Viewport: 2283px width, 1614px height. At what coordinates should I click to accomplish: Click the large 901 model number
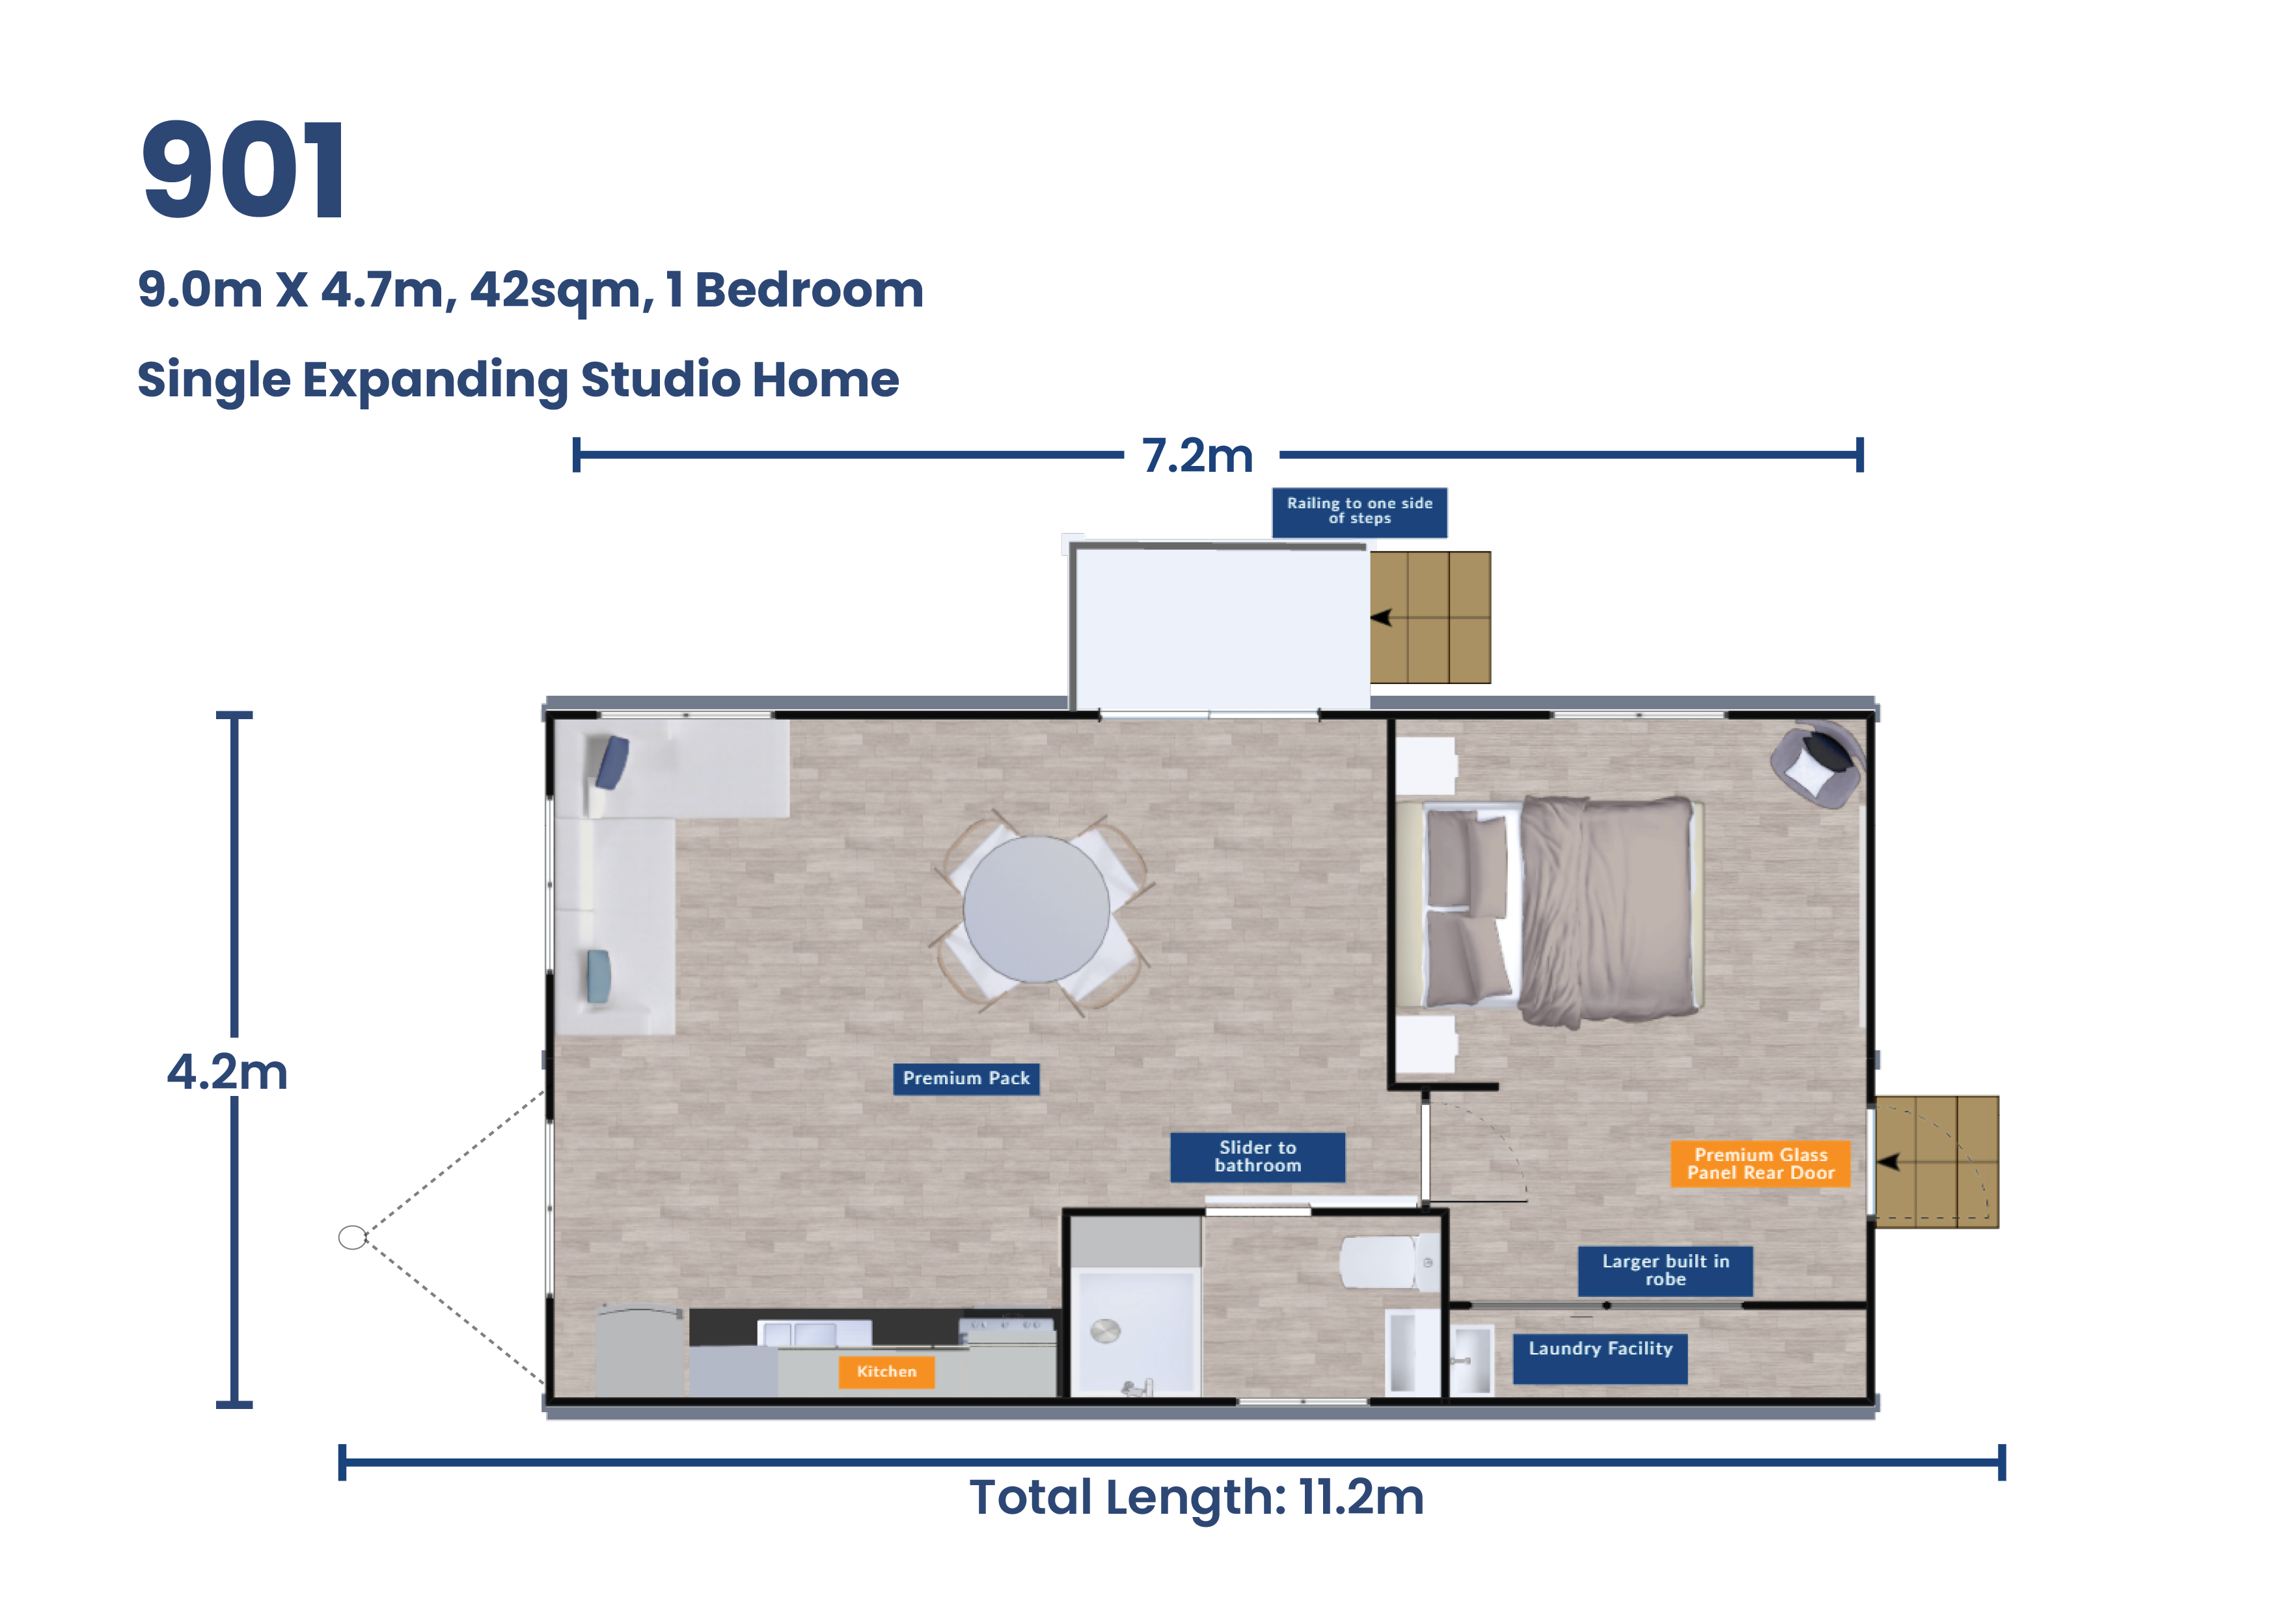243,170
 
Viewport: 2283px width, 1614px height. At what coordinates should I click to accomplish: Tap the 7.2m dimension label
1197,456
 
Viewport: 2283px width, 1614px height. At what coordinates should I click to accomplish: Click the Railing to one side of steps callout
1360,511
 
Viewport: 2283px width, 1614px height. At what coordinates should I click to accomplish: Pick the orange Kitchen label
886,1371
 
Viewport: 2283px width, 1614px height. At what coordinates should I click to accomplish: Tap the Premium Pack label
966,1078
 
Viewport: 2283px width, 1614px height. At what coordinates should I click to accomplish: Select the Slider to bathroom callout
1257,1156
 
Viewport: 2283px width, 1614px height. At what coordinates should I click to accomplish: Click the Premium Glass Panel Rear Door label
1760,1164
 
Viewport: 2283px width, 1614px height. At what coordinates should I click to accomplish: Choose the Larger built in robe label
1665,1270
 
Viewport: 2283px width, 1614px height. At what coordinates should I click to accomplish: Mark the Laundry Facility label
1600,1350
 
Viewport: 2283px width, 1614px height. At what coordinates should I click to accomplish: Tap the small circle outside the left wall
352,1237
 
